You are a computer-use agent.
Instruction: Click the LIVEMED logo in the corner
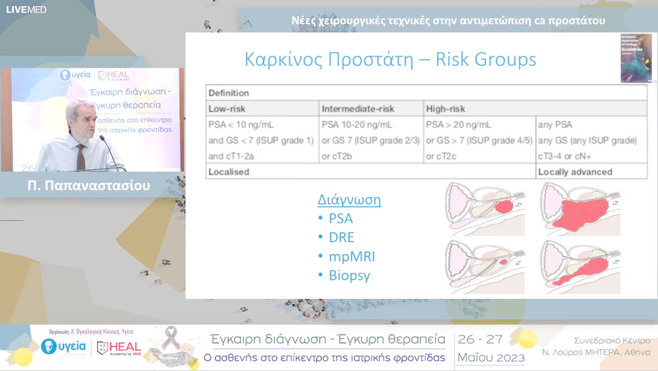(x=26, y=9)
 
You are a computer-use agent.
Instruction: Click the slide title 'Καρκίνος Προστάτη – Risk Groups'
(x=390, y=60)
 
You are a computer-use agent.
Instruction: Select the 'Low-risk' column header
(x=227, y=109)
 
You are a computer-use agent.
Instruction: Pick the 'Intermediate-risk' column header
(x=358, y=109)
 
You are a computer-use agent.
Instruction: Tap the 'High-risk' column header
(x=445, y=109)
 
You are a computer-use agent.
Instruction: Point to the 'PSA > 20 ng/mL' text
(x=458, y=124)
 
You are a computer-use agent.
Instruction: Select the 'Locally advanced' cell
(x=575, y=172)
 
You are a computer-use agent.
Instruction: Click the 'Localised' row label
(x=228, y=172)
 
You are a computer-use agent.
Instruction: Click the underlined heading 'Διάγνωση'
(x=349, y=200)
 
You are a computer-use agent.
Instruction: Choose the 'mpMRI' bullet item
(x=352, y=257)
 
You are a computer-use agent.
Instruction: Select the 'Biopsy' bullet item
(x=349, y=276)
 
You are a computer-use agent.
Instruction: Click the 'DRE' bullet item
(x=341, y=237)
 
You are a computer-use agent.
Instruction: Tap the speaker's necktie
(x=80, y=156)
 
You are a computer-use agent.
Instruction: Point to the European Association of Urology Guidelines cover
(x=635, y=58)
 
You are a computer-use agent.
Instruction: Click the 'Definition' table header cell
(x=228, y=93)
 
